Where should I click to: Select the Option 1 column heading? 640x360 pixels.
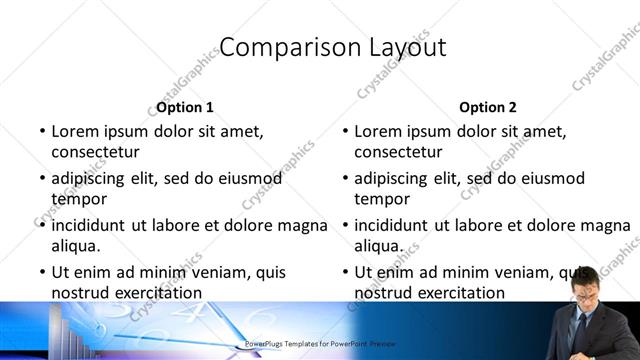point(185,107)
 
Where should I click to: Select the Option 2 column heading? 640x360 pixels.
point(488,107)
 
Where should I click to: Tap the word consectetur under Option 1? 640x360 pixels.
point(95,152)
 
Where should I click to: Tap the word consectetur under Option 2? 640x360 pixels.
point(398,152)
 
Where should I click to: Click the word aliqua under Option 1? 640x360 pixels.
point(76,245)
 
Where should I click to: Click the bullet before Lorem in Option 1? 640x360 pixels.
point(42,131)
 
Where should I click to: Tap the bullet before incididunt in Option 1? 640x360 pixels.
point(42,225)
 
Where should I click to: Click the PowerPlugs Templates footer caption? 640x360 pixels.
point(321,343)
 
